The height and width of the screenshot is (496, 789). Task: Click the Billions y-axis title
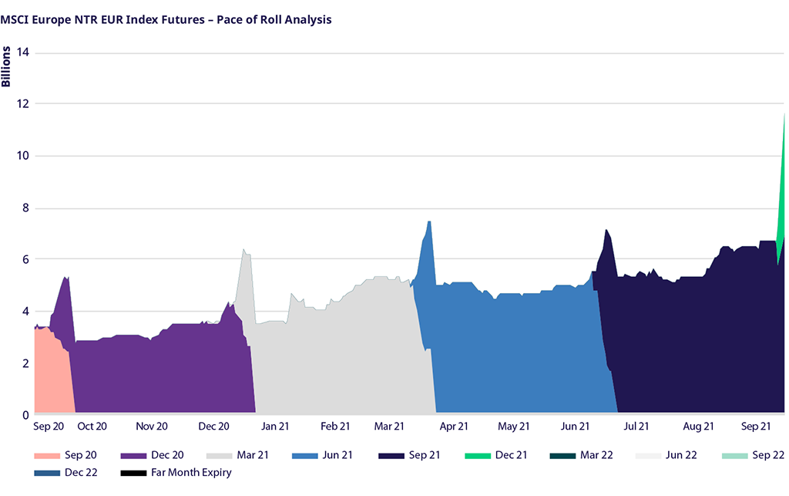(7, 66)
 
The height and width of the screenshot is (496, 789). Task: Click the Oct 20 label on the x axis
(92, 426)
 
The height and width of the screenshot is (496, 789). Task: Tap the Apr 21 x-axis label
(453, 426)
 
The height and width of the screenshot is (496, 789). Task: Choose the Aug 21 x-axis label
(697, 426)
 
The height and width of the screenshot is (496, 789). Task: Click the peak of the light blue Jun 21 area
(428, 223)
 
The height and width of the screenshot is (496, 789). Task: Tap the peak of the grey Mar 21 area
(243, 250)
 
